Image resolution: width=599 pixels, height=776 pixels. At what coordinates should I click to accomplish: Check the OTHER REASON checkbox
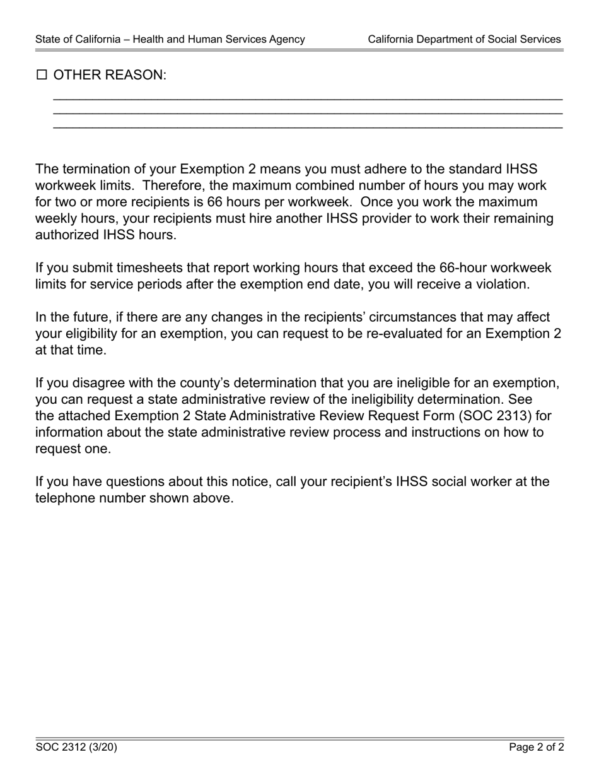pos(42,75)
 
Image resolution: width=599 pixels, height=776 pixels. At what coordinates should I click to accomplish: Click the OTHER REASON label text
pos(110,75)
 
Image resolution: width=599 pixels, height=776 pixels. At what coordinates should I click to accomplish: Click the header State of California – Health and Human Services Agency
pos(170,39)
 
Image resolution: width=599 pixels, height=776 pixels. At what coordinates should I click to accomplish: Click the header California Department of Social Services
pos(464,39)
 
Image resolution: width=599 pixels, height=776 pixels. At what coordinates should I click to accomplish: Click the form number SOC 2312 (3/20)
pos(76,748)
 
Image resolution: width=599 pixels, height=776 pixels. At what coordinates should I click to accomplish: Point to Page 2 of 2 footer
pos(537,748)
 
